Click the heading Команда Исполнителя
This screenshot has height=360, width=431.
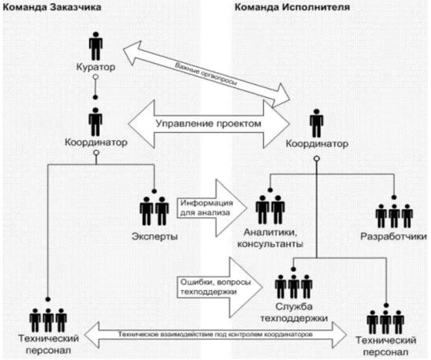tap(291, 7)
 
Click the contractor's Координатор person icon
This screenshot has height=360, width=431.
tap(316, 124)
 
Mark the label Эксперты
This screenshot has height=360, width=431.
tap(155, 236)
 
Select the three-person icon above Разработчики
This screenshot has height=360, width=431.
tap(393, 215)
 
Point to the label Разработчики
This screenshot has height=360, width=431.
tap(394, 236)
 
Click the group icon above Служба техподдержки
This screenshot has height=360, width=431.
tap(294, 287)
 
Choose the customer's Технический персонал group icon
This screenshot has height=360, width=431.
tap(48, 319)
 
